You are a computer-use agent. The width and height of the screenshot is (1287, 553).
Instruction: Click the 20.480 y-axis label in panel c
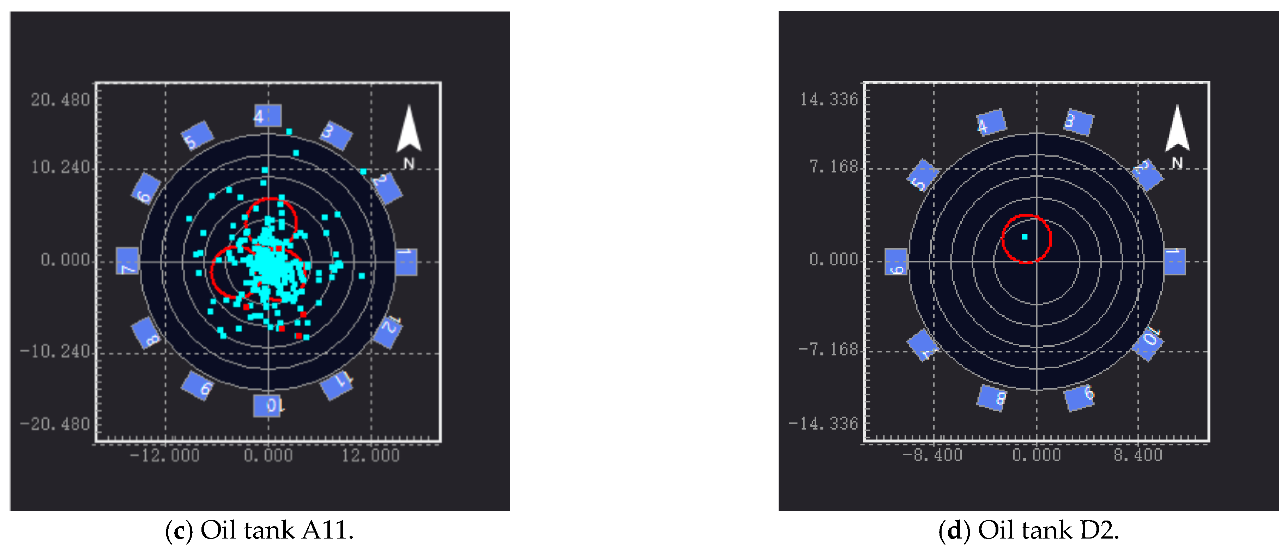60,100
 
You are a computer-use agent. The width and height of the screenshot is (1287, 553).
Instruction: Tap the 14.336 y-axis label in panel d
829,99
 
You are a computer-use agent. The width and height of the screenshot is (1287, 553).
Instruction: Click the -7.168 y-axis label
828,349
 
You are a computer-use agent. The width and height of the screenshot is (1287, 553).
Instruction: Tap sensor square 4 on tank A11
268,116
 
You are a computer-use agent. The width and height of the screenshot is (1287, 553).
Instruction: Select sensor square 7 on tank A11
128,261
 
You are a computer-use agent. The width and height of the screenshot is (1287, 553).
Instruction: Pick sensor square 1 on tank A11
406,262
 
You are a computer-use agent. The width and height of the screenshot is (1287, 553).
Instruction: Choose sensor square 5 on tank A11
197,136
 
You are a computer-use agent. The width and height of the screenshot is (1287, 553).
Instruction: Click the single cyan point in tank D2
1024,237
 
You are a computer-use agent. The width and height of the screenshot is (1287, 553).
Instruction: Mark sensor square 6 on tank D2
896,262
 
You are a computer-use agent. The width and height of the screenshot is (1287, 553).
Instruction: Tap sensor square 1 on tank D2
1174,262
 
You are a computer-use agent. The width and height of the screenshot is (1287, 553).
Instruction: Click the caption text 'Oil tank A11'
276,530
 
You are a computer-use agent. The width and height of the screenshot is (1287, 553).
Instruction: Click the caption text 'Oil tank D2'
1047,530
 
